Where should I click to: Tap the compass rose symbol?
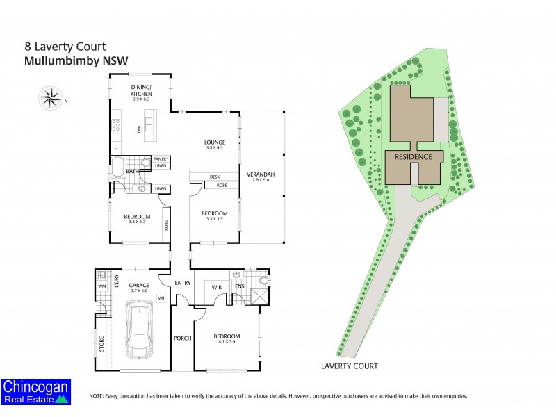51,98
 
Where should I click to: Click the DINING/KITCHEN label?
142,90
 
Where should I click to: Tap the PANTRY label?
161,159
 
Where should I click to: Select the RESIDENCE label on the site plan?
414,157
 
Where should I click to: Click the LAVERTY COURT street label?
348,365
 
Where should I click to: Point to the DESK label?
215,177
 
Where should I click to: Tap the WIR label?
207,286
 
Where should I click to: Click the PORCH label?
183,339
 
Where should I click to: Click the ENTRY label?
183,282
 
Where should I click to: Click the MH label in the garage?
161,298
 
